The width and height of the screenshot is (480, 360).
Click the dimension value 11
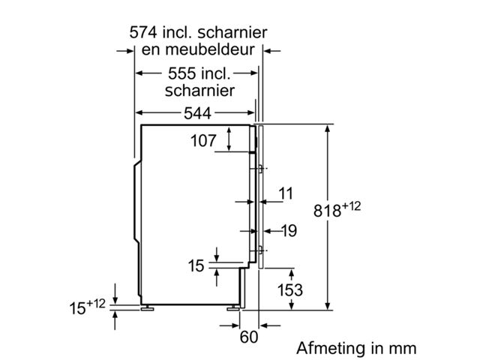(x=286, y=194)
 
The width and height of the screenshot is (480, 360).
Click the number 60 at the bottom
(x=248, y=337)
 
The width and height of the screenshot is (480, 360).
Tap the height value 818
(x=328, y=212)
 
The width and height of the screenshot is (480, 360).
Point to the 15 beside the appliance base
(x=196, y=265)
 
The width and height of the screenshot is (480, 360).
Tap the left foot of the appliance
(x=146, y=307)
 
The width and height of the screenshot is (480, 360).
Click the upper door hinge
(x=259, y=168)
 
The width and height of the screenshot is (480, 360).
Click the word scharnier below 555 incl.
(x=199, y=91)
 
